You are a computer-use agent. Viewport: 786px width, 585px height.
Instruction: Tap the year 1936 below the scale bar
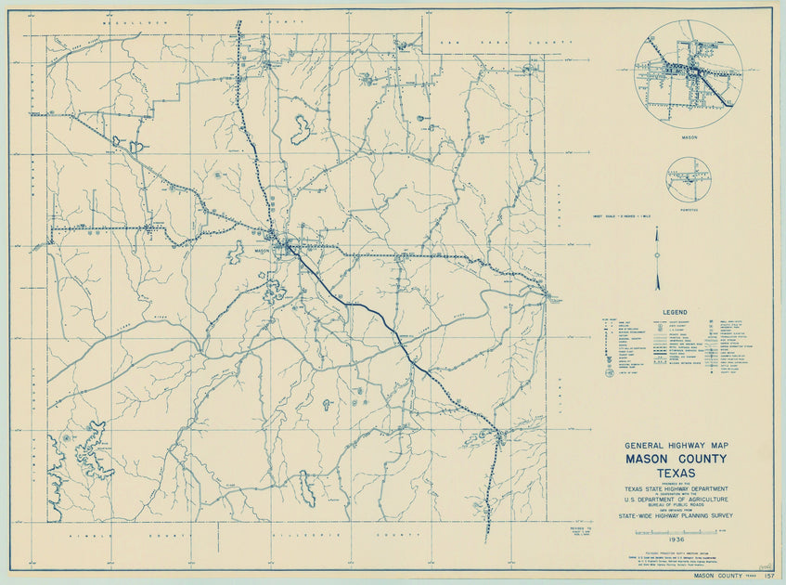click(675, 539)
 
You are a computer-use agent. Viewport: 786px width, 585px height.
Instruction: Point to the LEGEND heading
click(674, 312)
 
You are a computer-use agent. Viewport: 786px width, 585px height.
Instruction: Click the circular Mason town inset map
click(689, 72)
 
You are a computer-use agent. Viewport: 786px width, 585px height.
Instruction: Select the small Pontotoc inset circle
click(688, 178)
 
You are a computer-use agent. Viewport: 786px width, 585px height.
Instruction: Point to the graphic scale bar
click(676, 531)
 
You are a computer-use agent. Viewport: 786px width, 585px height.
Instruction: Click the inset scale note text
click(623, 215)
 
